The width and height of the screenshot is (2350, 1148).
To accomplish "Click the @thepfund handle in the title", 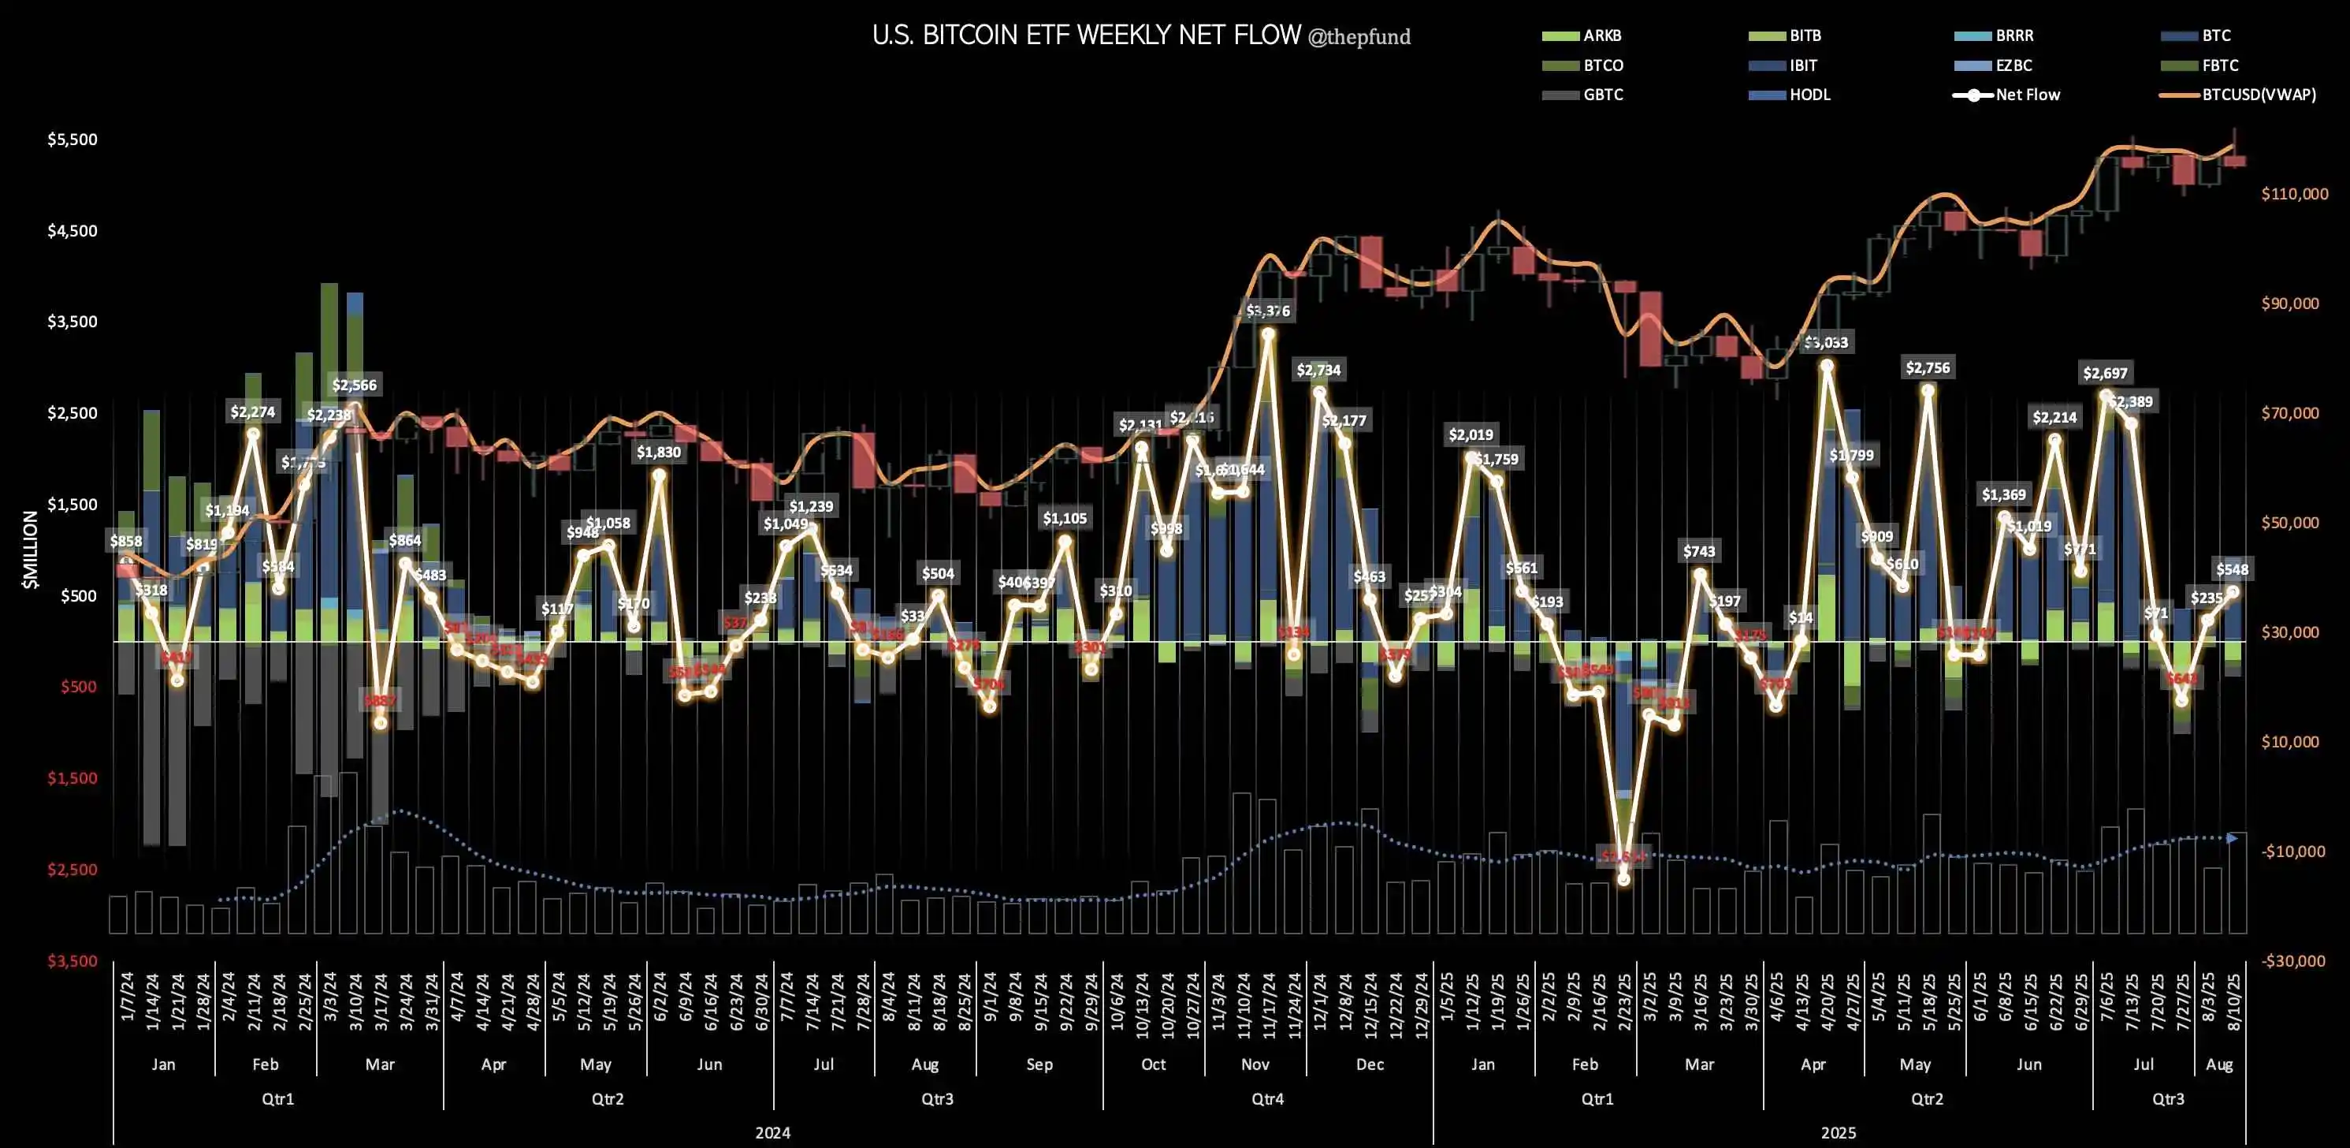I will coord(1359,37).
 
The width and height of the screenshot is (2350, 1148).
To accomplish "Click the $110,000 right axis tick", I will coord(2294,193).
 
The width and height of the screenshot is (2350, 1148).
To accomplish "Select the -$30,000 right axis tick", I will coord(2293,961).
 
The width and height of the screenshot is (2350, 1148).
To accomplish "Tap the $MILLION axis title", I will coord(31,550).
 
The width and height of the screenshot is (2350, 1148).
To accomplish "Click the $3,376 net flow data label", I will coord(1268,311).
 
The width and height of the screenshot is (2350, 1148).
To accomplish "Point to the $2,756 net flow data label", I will coord(1927,367).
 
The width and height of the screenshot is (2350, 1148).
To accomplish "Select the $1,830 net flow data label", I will coord(659,452).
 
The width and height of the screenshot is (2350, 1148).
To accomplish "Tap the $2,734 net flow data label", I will coord(1318,370).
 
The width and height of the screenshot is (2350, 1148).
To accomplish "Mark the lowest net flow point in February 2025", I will coord(1623,879).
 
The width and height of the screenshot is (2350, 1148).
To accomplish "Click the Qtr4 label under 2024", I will coord(1267,1099).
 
